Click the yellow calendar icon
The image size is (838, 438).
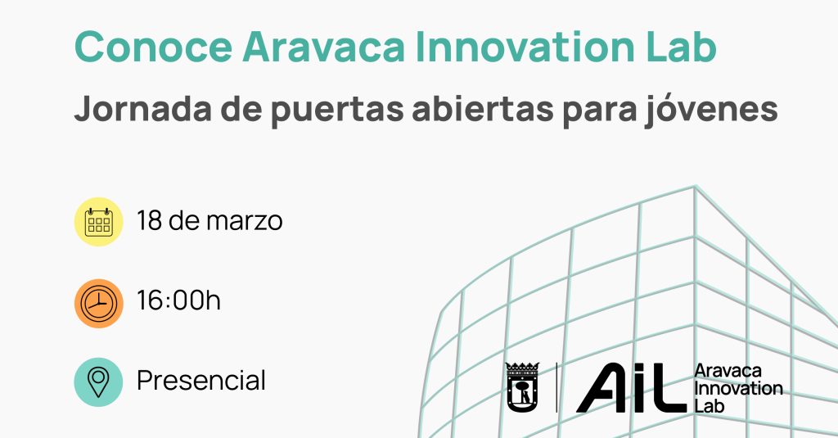click(98, 221)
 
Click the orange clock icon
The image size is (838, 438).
click(98, 303)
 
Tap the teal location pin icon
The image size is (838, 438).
click(98, 382)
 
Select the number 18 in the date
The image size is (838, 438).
click(149, 220)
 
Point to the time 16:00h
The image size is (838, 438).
click(178, 300)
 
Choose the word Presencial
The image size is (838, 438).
click(201, 380)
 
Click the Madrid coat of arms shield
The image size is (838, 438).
click(522, 387)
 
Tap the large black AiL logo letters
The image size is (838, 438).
click(631, 388)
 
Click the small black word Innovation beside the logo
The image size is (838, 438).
click(738, 388)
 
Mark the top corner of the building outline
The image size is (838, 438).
click(695, 186)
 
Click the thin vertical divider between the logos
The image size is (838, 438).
click(556, 388)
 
